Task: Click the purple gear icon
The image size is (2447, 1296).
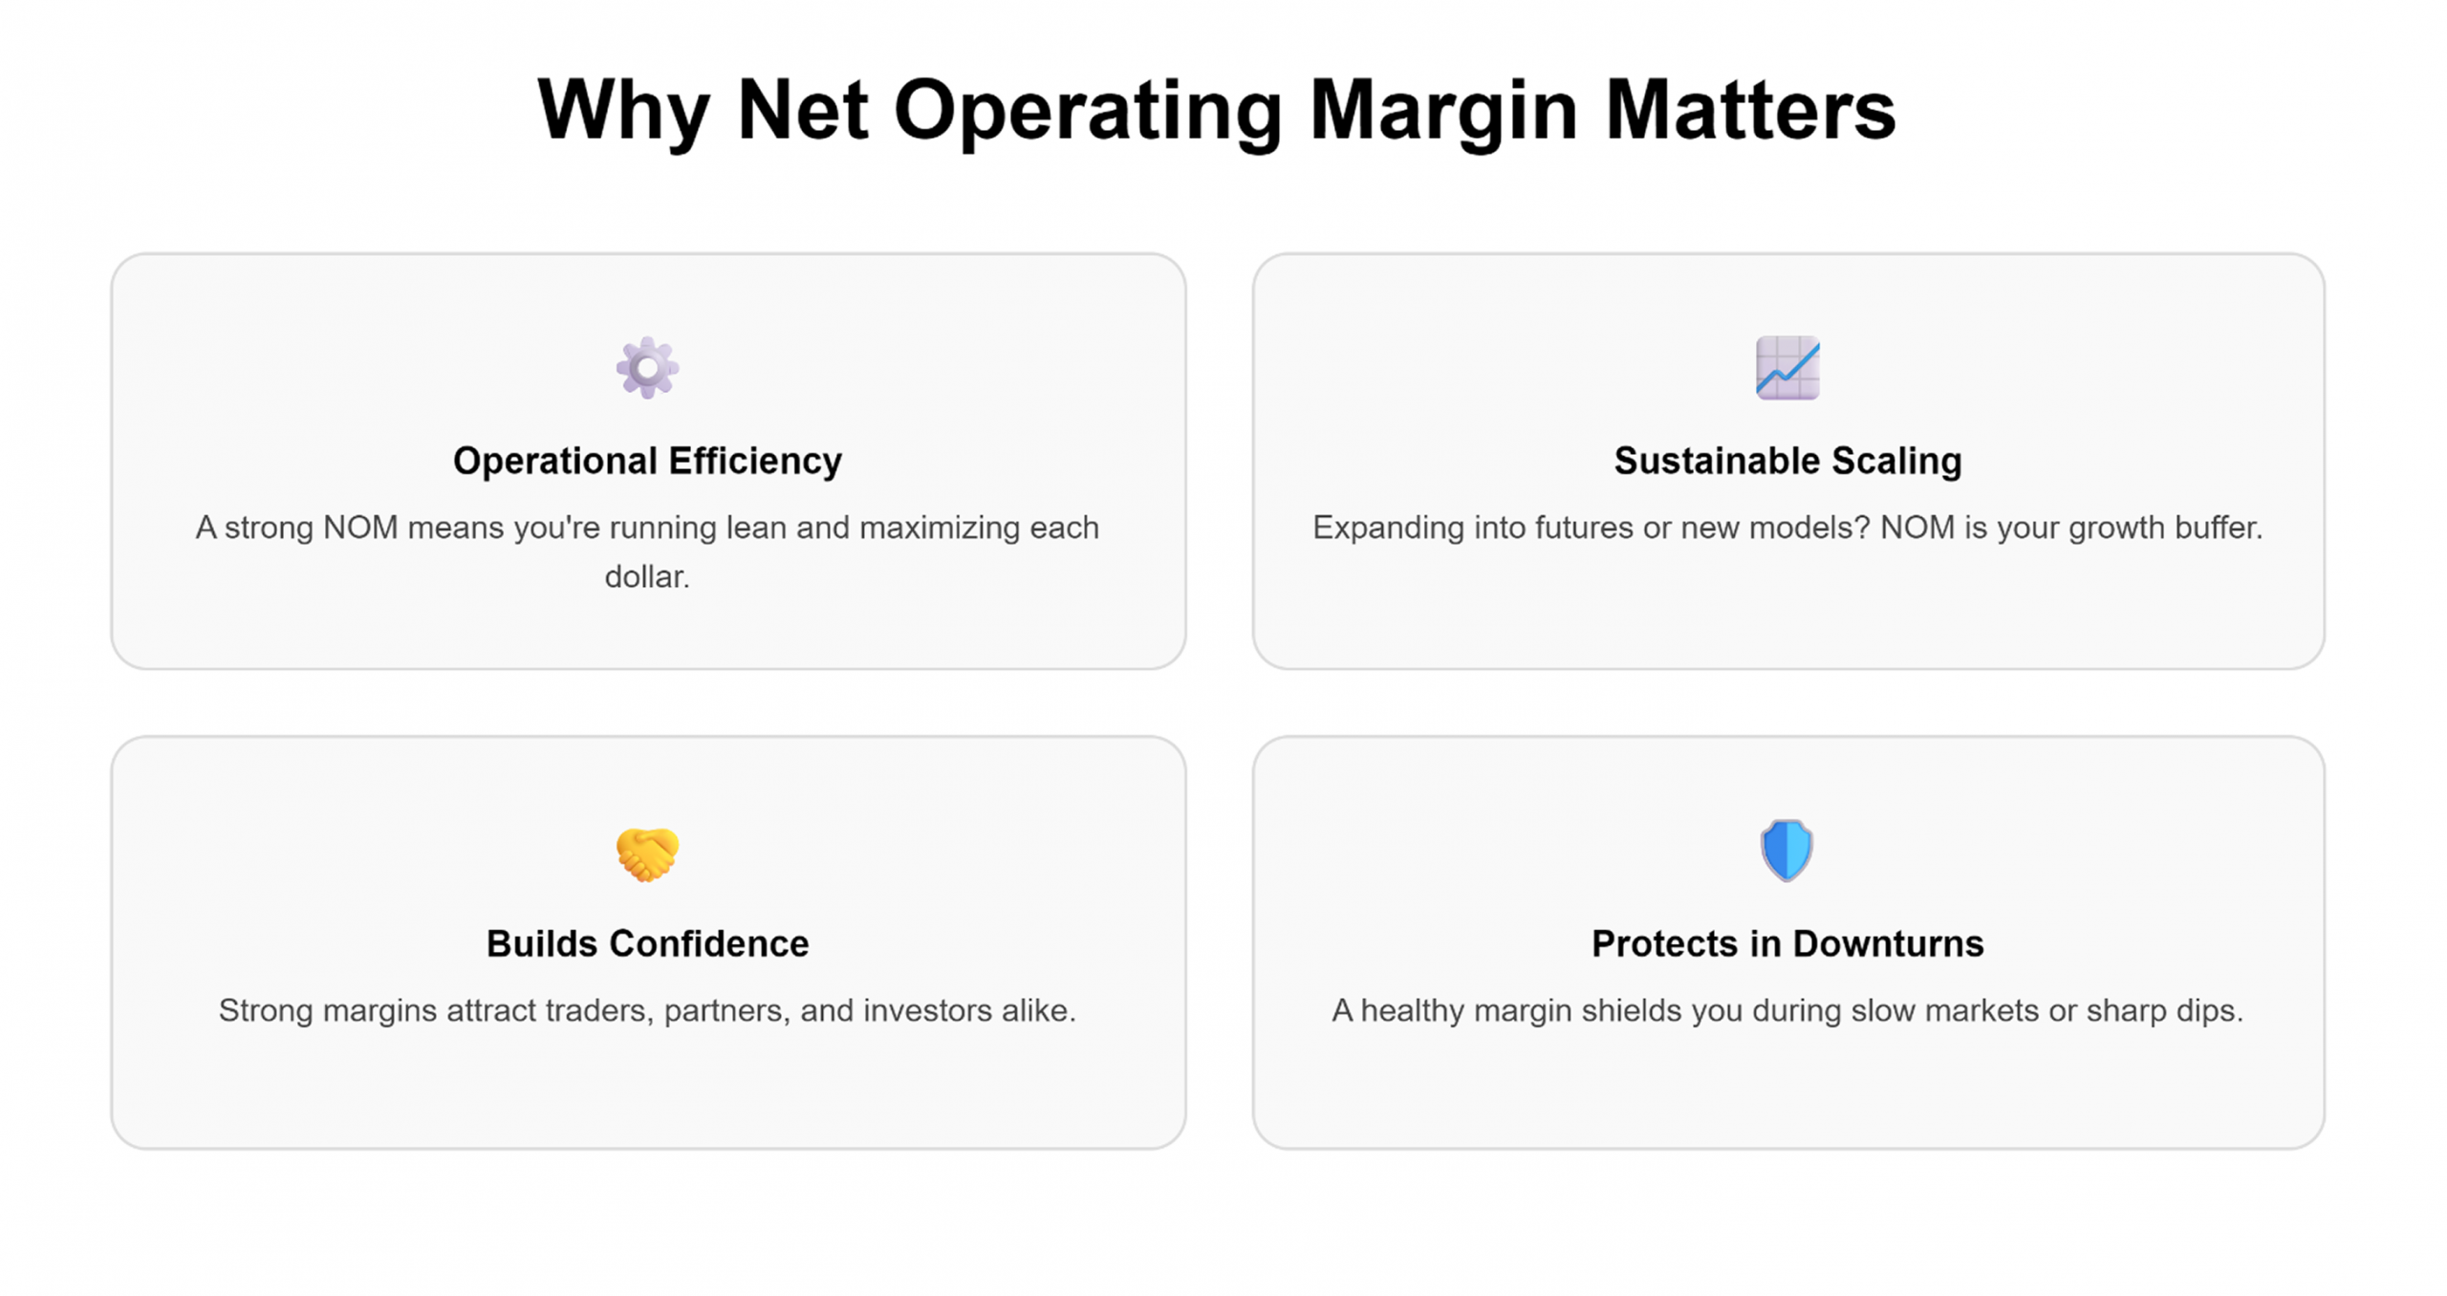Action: coord(647,367)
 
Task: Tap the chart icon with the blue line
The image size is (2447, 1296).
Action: coord(1787,367)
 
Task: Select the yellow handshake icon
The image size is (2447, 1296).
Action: coord(647,853)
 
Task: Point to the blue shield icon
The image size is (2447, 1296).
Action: coord(1787,850)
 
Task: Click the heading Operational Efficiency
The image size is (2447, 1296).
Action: coord(647,461)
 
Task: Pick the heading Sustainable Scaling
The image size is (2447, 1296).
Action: coord(1787,461)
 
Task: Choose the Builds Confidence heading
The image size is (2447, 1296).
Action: coord(647,943)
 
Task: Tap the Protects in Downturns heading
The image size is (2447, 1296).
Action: coord(1787,943)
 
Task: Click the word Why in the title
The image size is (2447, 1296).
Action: coord(623,113)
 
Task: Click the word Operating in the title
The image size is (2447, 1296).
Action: coord(1088,113)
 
